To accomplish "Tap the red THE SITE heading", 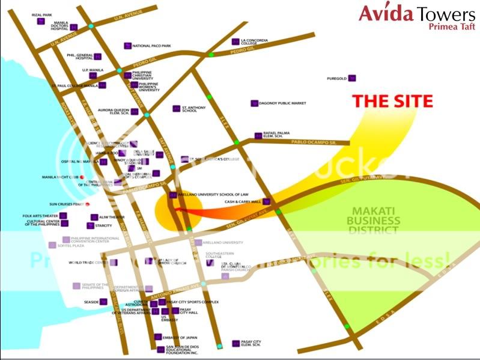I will [x=392, y=101].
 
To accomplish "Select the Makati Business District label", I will [x=374, y=220].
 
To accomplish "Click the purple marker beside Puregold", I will [x=353, y=78].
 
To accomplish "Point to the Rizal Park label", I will [x=23, y=16].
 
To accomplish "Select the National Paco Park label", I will [x=151, y=46].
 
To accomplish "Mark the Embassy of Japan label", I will [x=180, y=337].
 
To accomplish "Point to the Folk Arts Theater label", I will [x=40, y=216].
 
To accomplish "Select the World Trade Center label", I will [x=88, y=263].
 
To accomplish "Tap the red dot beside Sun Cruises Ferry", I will [x=88, y=204].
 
